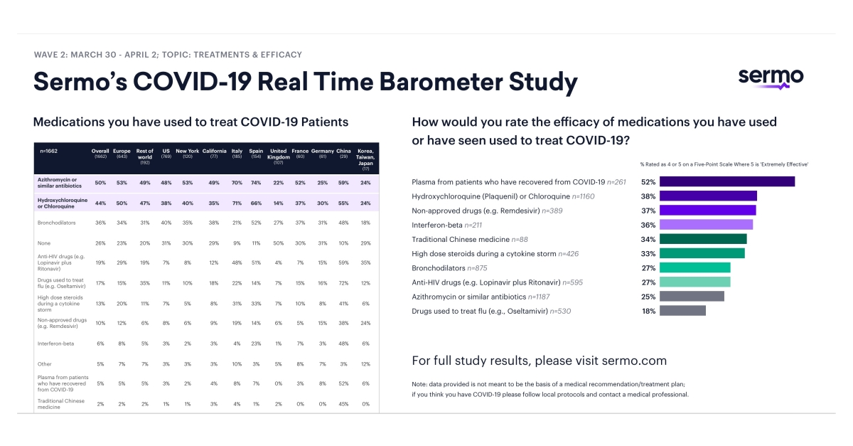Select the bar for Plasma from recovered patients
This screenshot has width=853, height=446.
(x=726, y=181)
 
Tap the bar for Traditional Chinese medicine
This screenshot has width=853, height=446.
(x=703, y=239)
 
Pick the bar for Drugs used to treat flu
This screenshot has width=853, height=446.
(x=682, y=311)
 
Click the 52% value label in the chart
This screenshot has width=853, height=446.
(x=648, y=181)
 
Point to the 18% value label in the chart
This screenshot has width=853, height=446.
(x=648, y=311)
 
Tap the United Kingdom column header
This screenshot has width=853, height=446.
(x=278, y=154)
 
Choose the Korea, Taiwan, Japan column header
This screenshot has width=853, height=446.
(x=365, y=157)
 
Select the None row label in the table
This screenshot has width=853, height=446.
(x=45, y=243)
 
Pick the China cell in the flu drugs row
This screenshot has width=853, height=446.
(x=343, y=284)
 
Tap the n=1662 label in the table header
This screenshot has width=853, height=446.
(x=50, y=151)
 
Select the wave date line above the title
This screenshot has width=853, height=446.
(x=168, y=55)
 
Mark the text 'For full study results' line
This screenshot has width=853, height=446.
(x=539, y=360)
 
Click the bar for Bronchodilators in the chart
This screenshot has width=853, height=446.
(x=694, y=267)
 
